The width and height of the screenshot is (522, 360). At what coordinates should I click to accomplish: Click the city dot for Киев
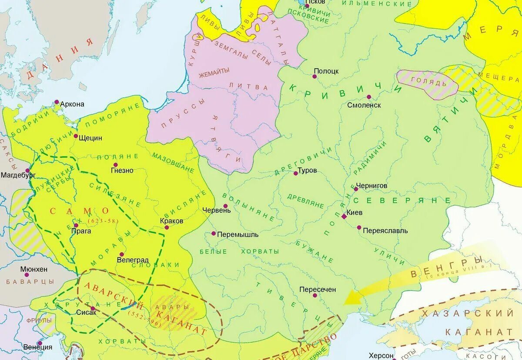[x=344, y=216]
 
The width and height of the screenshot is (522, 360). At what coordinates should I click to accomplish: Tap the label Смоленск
[x=364, y=105]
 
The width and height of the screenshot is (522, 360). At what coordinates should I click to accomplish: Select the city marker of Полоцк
[x=315, y=77]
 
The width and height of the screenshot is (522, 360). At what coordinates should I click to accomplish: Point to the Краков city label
[x=171, y=220]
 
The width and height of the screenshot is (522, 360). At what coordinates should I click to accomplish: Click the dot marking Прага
[x=76, y=225]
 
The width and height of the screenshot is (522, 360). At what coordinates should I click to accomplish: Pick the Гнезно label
[x=122, y=170]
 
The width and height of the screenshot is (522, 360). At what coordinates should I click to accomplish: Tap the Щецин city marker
[x=76, y=137]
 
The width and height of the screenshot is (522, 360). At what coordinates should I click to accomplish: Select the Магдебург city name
[x=18, y=175]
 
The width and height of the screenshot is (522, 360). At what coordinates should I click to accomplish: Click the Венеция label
[x=38, y=347]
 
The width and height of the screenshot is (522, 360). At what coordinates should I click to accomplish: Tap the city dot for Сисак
[x=92, y=308]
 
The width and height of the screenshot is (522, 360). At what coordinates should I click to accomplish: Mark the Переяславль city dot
[x=359, y=227]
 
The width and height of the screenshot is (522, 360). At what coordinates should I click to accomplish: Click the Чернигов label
[x=371, y=185]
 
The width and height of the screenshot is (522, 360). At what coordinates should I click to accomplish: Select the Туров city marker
[x=295, y=173]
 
